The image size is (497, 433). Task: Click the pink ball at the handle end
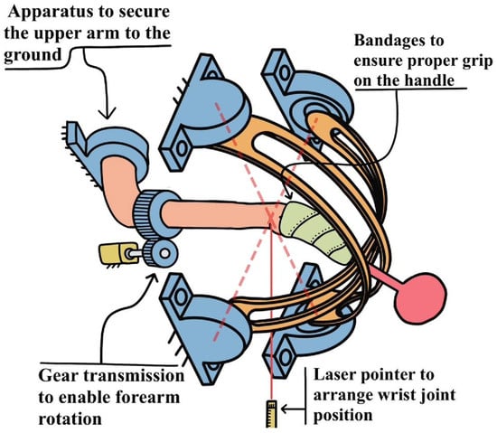(x=420, y=298)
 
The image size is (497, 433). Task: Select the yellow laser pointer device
(x=271, y=413)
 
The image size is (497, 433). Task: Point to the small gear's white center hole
(x=164, y=253)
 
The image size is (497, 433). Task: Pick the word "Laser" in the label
(x=335, y=375)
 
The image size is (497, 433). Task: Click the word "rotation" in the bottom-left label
(x=70, y=419)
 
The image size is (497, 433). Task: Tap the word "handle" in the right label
(x=431, y=80)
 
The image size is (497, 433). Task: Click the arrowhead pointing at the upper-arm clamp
(x=108, y=114)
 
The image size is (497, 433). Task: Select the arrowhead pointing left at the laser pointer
(x=286, y=409)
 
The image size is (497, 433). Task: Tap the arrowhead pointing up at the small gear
(x=153, y=279)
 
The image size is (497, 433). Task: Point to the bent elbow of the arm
(x=122, y=202)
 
